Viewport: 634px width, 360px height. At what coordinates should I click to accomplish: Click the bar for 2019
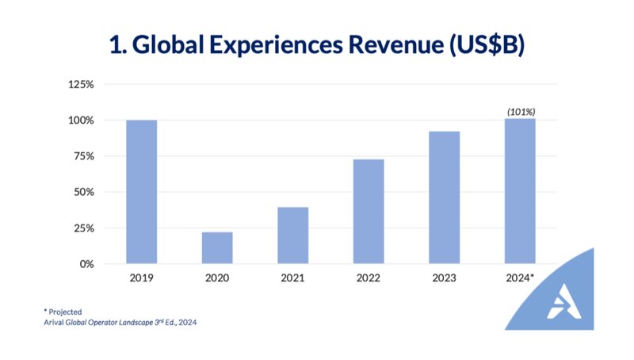pos(141,192)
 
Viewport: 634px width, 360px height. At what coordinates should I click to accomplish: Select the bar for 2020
pos(217,247)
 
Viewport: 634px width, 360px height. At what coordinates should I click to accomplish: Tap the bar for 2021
pos(293,236)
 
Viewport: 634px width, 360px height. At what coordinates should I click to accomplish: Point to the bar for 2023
pos(444,197)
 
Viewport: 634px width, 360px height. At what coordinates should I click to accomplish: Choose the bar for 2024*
pos(521,191)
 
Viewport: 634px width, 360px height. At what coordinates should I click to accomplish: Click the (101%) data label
pos(521,112)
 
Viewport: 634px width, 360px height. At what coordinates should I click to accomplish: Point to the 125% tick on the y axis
pos(82,84)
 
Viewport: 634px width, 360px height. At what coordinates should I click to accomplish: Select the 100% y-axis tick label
pos(82,121)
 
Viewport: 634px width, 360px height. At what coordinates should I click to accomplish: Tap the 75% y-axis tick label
pos(84,156)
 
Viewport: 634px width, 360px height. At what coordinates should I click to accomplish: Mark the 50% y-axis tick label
pos(84,192)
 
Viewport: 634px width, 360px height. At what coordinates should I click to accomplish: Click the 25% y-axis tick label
pos(84,228)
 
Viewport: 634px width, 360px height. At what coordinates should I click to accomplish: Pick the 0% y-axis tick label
pos(86,264)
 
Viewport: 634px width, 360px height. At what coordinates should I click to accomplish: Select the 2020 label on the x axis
pos(217,278)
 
